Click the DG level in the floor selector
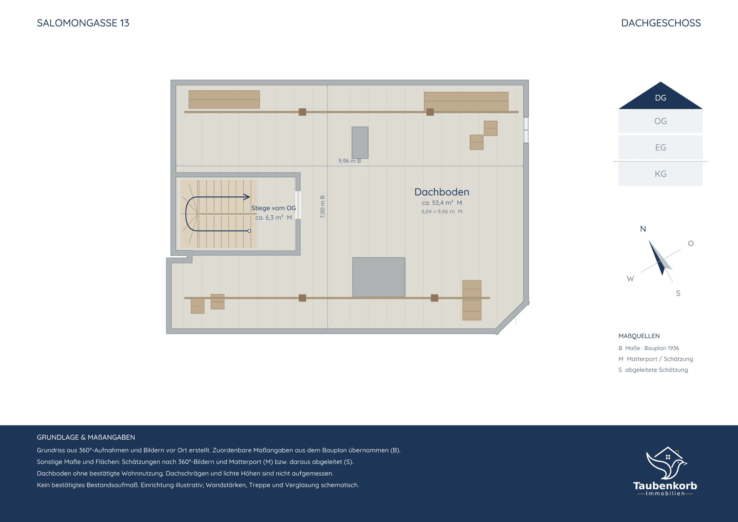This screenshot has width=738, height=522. click(x=660, y=97)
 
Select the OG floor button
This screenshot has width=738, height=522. click(x=660, y=121)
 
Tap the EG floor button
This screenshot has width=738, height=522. click(x=660, y=147)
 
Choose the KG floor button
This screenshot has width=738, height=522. click(x=660, y=174)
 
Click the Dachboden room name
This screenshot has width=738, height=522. click(x=442, y=192)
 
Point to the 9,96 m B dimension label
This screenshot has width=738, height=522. click(x=349, y=161)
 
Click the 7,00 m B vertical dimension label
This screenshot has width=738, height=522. click(x=322, y=207)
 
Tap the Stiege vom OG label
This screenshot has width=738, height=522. click(x=273, y=208)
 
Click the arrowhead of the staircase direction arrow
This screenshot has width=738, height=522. click(x=247, y=197)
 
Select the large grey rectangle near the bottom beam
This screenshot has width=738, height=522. click(x=379, y=277)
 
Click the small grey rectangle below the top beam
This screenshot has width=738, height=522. click(x=360, y=143)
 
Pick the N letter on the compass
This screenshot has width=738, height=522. click(x=643, y=229)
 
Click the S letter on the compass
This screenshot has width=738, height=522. click(x=678, y=293)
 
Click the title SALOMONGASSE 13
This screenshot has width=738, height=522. click(x=83, y=23)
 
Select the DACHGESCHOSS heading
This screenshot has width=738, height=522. click(x=661, y=23)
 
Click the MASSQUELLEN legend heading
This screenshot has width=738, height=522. click(x=639, y=336)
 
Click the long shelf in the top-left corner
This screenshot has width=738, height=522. click(x=224, y=100)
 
